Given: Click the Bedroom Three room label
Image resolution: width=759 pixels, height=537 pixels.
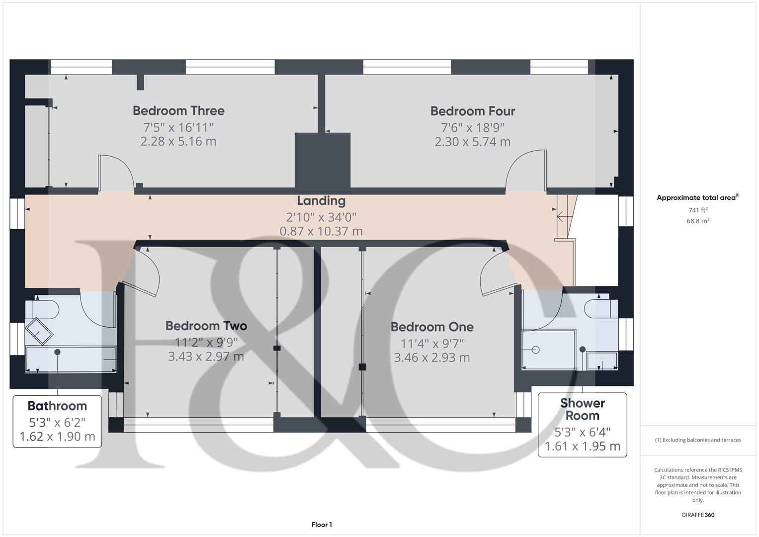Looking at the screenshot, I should pos(178,110).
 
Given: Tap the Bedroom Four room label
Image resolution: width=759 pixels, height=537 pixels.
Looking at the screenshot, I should pos(472,111).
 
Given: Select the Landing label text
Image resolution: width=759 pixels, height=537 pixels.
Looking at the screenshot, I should pos(321,201).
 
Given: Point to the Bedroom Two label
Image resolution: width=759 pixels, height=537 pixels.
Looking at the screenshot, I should pos(206,326).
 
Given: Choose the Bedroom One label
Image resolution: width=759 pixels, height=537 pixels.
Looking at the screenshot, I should pos(431,327).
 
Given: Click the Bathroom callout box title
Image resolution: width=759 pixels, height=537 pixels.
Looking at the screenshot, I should pos(57,406).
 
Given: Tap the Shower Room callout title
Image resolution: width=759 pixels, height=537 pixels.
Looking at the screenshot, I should pos(582,409).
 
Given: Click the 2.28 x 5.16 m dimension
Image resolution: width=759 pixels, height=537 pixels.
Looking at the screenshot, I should pos(178,141).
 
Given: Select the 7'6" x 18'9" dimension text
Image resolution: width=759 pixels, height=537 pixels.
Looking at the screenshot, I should pos(472,127).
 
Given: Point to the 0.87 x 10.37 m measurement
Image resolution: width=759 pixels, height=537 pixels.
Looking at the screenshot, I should pos(321,231).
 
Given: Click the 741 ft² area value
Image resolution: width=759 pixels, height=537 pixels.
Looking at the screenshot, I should pos(698,210).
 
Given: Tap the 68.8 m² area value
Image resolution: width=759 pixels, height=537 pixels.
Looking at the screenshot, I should pos(698,221).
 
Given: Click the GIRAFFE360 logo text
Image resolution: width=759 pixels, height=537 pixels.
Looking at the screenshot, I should pos(697,515).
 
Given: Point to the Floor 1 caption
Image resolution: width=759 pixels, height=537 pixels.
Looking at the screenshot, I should pos(322,525).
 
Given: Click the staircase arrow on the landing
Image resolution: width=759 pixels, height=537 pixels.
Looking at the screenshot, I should pos(561,216).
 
